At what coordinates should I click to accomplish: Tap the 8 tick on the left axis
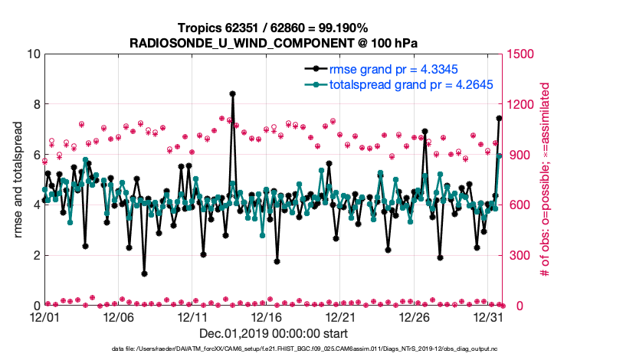tap(35, 104)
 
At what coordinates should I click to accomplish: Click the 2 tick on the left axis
tap(35, 255)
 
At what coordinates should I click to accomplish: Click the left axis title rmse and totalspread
tap(18, 180)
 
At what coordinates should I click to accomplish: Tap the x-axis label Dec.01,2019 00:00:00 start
tap(274, 333)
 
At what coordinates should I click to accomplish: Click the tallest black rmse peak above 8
tap(232, 93)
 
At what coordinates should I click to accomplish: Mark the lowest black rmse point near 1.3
tap(144, 273)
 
